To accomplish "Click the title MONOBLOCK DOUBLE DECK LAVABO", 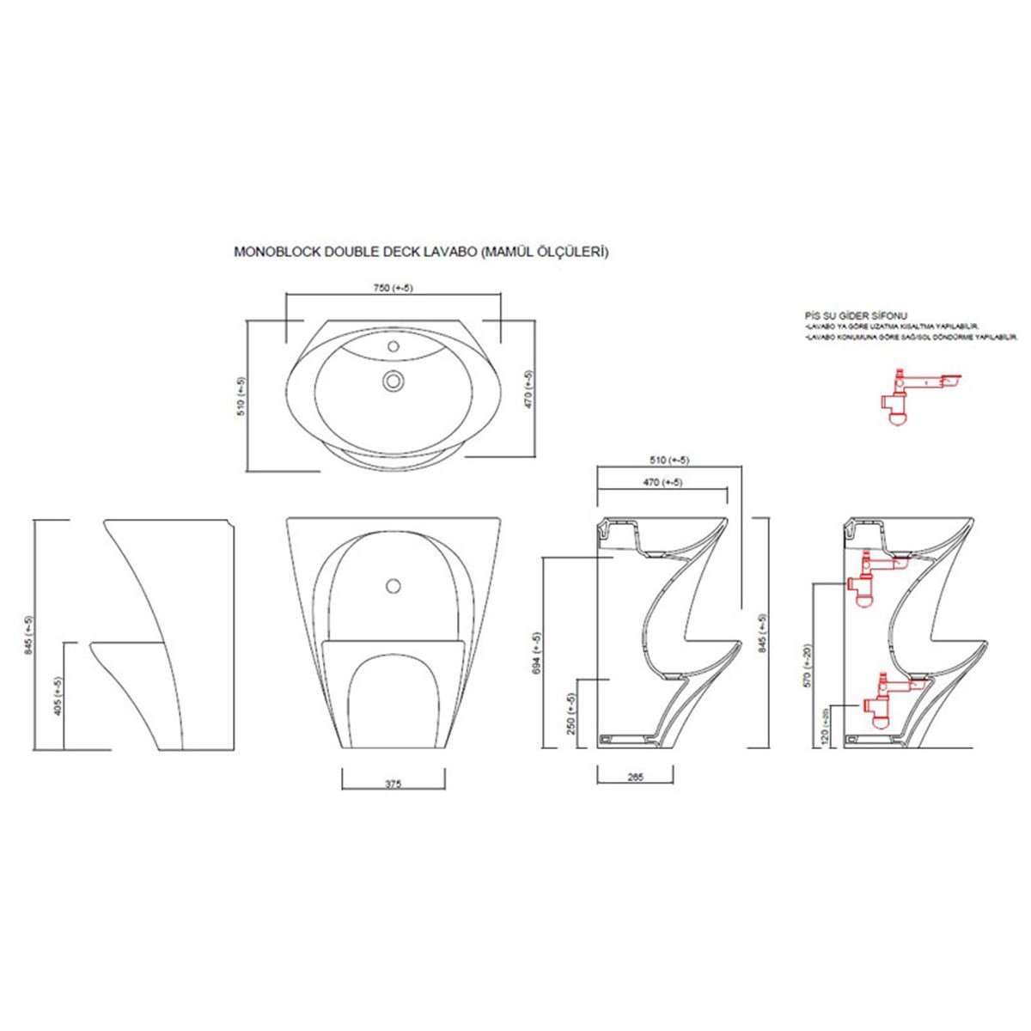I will coord(421,253).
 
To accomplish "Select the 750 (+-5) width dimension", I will coord(393,288).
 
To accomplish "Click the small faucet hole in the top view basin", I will coord(393,347).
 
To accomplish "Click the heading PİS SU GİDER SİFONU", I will coord(855,316).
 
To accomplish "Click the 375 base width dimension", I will coord(393,784).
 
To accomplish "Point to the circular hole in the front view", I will coord(393,586).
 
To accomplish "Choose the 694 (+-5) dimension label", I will coord(537,653).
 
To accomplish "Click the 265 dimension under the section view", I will coord(636,777).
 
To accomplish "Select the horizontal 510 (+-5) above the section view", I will coord(668,458).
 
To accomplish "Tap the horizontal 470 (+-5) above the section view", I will coord(662,482).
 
